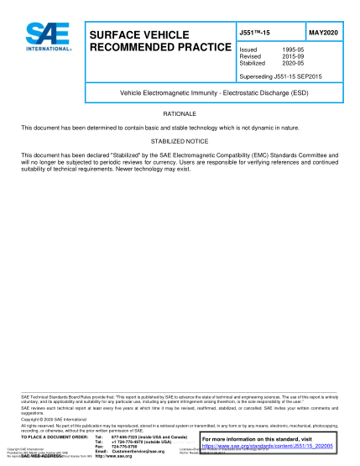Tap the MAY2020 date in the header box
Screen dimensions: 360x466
pyautogui.click(x=322, y=33)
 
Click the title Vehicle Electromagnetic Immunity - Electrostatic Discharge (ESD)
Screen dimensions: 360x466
pyautogui.click(x=180, y=92)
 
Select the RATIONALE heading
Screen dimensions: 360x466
pyautogui.click(x=179, y=113)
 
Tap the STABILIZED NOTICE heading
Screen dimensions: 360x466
pyautogui.click(x=179, y=142)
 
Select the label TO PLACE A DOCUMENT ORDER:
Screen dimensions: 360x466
pyautogui.click(x=55, y=437)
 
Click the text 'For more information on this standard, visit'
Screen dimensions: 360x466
pyautogui.click(x=261, y=440)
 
